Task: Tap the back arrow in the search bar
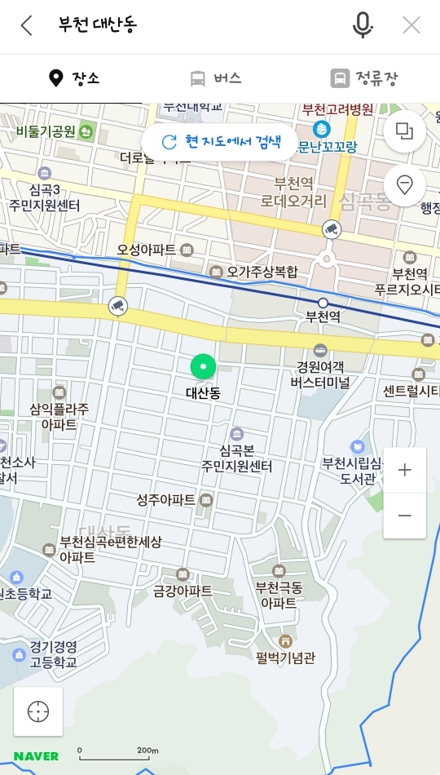tap(26, 25)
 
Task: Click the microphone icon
tap(363, 25)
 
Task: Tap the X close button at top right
tap(411, 25)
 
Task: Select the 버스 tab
tap(216, 78)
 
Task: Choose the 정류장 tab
tap(364, 78)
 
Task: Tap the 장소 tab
tap(74, 78)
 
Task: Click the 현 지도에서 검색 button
tap(220, 142)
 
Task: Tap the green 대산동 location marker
tap(203, 368)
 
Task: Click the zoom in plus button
tap(404, 471)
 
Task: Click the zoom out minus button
tap(404, 516)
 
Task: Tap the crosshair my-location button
tap(38, 711)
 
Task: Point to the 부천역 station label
tap(323, 316)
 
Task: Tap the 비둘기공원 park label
tap(46, 131)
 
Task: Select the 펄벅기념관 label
tap(285, 657)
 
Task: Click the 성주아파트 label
tap(166, 499)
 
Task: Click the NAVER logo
tap(36, 755)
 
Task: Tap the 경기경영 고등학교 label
tap(54, 655)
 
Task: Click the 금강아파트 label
tap(183, 591)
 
